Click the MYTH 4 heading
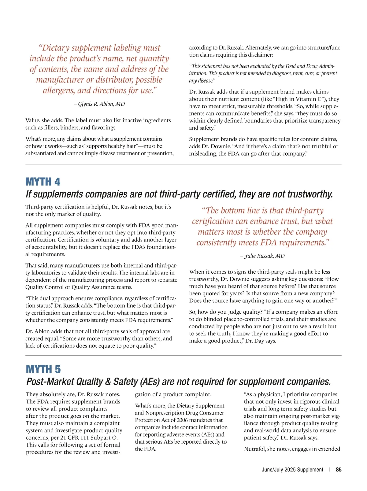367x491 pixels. pos(43,182)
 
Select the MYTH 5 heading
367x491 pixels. pos(43,369)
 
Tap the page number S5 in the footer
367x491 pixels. pos(339,470)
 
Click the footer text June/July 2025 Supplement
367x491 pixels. pos(292,470)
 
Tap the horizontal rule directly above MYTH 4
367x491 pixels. pos(183,165)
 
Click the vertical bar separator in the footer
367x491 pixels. pos(330,470)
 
